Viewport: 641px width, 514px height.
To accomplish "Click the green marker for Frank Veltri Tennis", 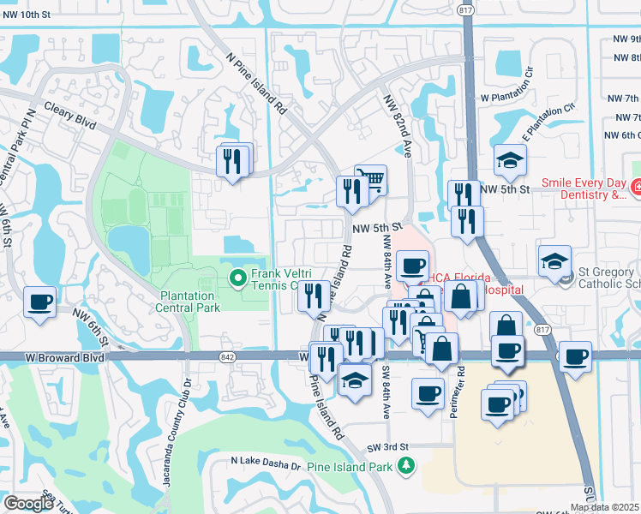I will [x=237, y=277].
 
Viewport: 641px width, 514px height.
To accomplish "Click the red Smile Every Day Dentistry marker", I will [x=637, y=186].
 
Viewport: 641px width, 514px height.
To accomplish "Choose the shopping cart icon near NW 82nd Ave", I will [x=370, y=180].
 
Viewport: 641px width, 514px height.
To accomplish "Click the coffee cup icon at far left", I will [x=39, y=302].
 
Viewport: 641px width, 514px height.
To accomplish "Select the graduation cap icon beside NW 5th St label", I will [x=510, y=159].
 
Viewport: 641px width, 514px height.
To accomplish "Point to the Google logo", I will [x=28, y=504].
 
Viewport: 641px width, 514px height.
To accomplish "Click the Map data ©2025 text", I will [x=605, y=507].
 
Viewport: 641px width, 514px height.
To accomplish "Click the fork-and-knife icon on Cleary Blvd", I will [x=233, y=160].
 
